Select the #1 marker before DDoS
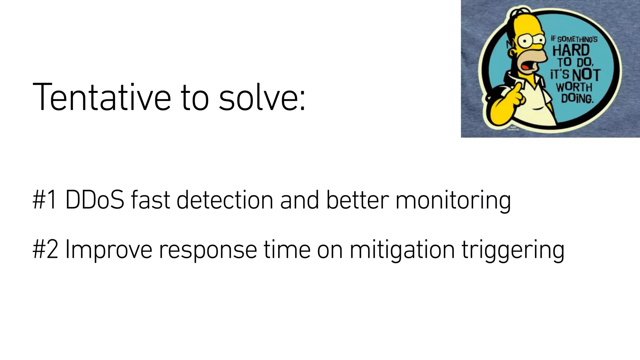[45, 200]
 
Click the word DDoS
[94, 200]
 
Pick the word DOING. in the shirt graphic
[577, 98]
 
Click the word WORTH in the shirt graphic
[574, 87]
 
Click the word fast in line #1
[150, 200]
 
